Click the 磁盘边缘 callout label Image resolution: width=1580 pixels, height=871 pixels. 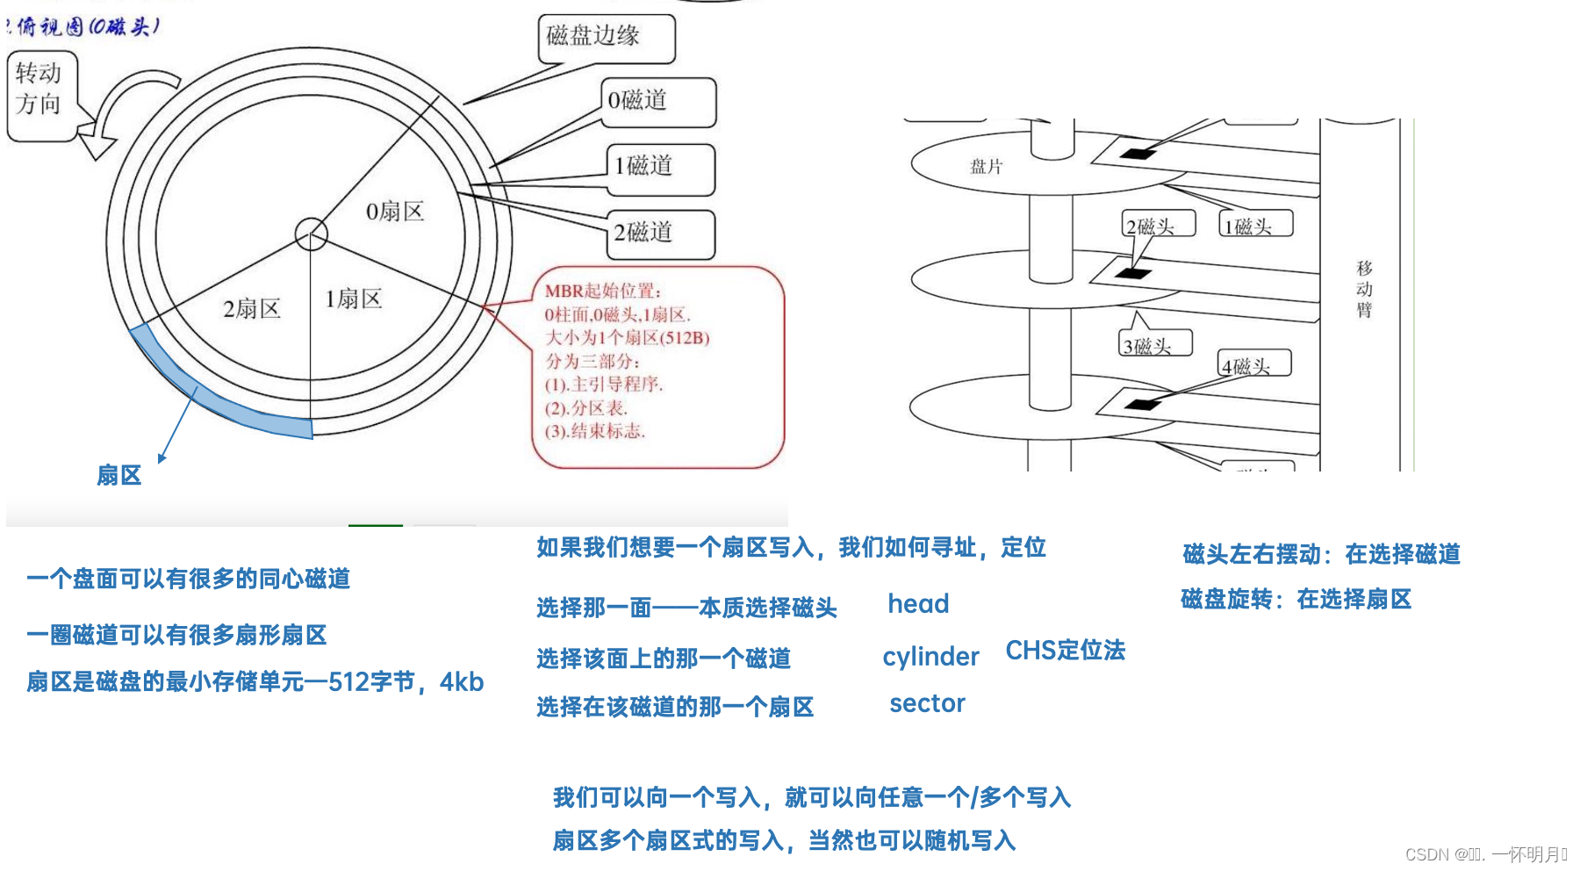click(x=606, y=38)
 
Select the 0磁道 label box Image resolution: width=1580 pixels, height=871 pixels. click(x=657, y=101)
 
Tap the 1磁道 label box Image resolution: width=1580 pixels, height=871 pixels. click(x=660, y=167)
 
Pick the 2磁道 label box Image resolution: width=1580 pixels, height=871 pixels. click(x=661, y=234)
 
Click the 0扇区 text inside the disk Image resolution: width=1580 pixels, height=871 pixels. click(x=395, y=212)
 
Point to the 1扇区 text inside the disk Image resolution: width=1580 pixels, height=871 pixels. click(x=353, y=299)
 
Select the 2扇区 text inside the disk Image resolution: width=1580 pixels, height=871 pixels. click(x=251, y=309)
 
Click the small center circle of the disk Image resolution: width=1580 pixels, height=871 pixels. click(x=311, y=234)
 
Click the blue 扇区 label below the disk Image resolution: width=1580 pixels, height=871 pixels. click(x=119, y=475)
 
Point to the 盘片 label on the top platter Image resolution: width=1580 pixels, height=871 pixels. click(x=986, y=167)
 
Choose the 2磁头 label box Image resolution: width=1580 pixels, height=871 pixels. click(x=1159, y=226)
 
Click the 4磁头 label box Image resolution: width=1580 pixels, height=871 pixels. click(x=1253, y=364)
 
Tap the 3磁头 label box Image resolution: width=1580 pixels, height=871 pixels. click(x=1155, y=345)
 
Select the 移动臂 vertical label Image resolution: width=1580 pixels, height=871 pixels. click(x=1364, y=289)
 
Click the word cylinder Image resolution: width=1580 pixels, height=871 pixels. click(x=930, y=657)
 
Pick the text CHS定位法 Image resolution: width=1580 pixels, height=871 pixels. click(x=1065, y=651)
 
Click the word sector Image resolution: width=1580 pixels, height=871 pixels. click(x=927, y=703)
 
